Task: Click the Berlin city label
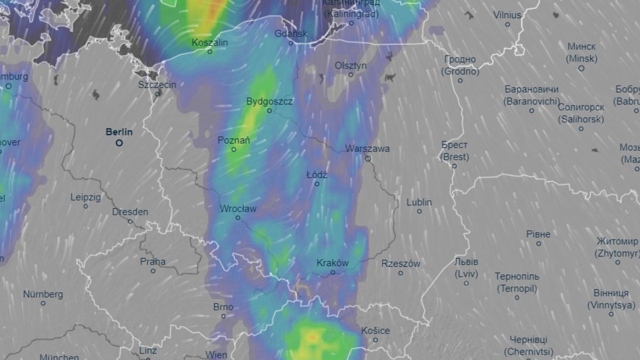pos(119,132)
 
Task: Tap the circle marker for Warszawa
pos(367,159)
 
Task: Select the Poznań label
pos(234,140)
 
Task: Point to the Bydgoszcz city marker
pos(269,111)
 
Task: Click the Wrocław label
pos(238,209)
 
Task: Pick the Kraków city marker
pos(333,272)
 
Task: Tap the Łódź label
pos(317,174)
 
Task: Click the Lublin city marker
pos(419,211)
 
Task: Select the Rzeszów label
pos(401,263)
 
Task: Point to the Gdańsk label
pos(291,34)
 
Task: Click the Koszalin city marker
pos(210,52)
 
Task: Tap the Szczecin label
pos(157,84)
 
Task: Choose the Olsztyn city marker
pos(351,75)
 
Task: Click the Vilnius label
pos(507,15)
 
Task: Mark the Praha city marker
pos(153,271)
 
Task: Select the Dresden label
pos(130,212)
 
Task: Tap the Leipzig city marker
pos(85,206)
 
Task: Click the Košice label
pos(375,331)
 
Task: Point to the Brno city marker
pos(223,316)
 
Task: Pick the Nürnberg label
pos(43,294)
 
